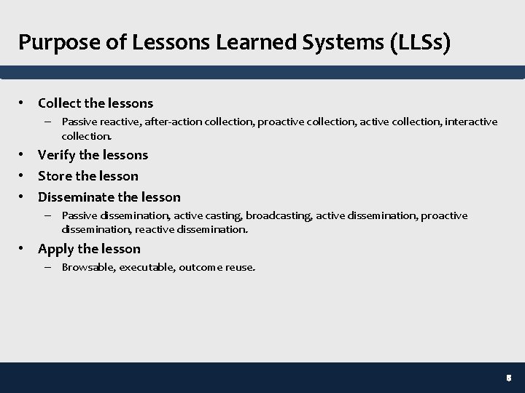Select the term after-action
(x=174, y=122)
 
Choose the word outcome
(x=200, y=267)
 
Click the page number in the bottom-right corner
(x=509, y=378)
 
